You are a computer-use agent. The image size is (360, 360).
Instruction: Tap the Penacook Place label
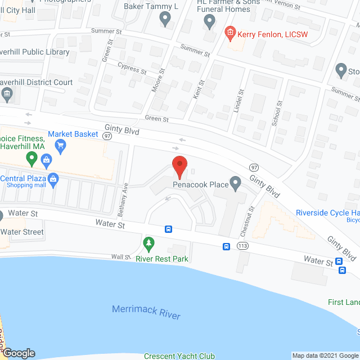201,184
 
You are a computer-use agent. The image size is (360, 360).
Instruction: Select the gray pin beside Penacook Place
236,182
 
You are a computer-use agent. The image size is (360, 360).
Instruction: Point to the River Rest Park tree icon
148,244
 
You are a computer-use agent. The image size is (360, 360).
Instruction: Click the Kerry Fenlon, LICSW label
266,34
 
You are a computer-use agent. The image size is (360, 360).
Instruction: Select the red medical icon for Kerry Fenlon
229,34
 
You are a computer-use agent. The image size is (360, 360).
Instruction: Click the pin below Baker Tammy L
165,20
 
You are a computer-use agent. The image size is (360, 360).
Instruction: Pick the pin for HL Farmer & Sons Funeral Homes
209,22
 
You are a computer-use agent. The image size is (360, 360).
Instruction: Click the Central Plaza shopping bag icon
53,181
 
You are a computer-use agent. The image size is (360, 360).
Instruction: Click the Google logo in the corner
18,353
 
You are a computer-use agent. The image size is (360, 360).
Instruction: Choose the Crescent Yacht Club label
179,355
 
